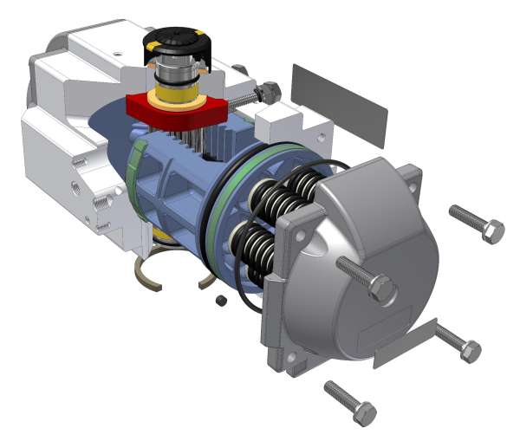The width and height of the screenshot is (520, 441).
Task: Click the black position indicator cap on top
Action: (x=177, y=42)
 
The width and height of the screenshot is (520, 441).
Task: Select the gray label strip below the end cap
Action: (x=405, y=343)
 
